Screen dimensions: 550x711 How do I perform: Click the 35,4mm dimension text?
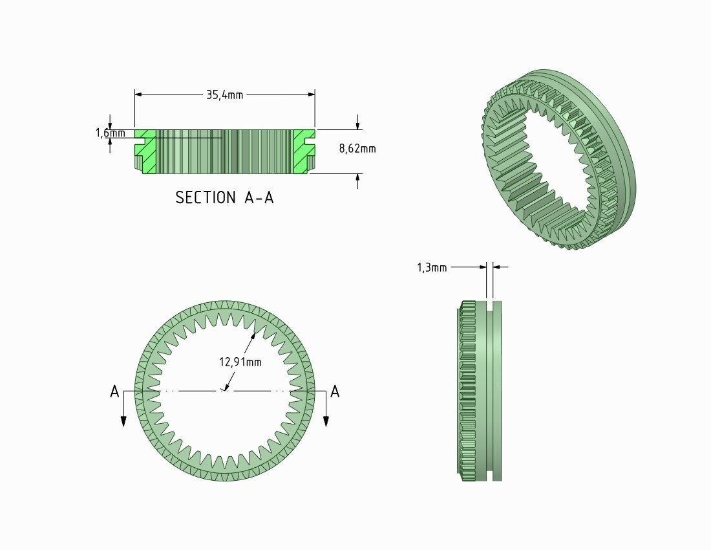click(224, 94)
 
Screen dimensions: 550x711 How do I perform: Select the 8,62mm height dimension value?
click(357, 149)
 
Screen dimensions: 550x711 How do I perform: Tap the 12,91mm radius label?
click(240, 362)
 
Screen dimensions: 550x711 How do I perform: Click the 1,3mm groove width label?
click(432, 267)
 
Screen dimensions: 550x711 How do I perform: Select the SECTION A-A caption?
click(224, 198)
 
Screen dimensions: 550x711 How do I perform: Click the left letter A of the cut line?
click(114, 391)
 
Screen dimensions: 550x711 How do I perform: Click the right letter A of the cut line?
click(335, 391)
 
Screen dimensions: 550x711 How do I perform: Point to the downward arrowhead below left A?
click(123, 421)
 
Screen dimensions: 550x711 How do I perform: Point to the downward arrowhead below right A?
click(326, 421)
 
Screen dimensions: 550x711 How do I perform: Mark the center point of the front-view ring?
click(224, 390)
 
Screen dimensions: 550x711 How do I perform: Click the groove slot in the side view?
click(489, 388)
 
